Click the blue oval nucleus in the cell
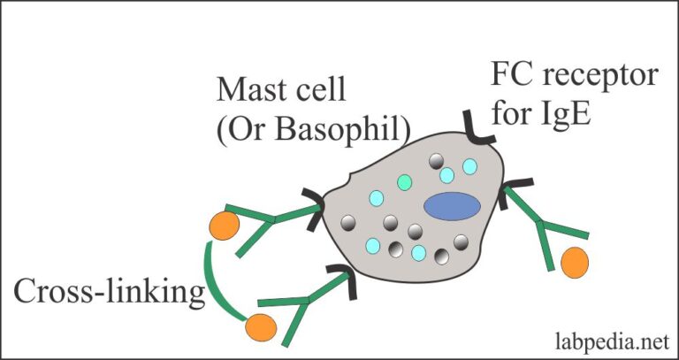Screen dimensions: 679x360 pos(452,206)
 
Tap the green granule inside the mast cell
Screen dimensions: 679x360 pos(404,182)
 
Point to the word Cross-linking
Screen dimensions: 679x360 pos(109,293)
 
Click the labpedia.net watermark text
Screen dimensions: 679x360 pos(613,341)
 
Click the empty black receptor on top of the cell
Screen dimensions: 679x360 pos(477,131)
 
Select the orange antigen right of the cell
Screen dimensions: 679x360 pos(575,263)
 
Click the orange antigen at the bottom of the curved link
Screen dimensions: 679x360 pos(261,327)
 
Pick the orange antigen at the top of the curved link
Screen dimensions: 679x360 pos(225,226)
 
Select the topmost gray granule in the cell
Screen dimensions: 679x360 pos(436,162)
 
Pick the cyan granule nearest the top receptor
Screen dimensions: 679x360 pos(469,166)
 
